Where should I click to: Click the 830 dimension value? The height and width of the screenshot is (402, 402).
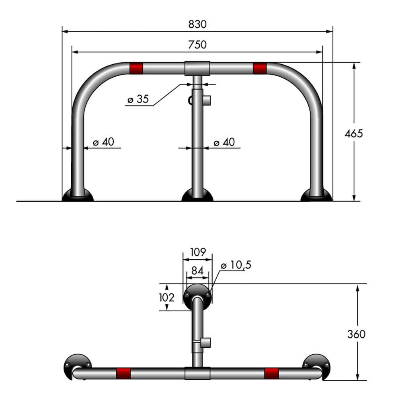(x=197, y=24)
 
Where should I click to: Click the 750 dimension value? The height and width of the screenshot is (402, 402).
(x=197, y=45)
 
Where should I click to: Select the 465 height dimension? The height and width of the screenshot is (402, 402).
(x=353, y=133)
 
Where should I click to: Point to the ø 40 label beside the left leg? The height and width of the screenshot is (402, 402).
(x=103, y=142)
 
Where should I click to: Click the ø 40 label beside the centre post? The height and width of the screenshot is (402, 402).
(x=224, y=142)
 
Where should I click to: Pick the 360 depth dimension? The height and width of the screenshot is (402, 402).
(x=356, y=334)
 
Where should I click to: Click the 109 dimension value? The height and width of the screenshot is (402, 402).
(x=197, y=252)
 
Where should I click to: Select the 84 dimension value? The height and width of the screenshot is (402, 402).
(x=197, y=271)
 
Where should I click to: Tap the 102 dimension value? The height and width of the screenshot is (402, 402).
(x=166, y=298)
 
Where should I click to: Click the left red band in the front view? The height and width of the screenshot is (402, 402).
(x=136, y=68)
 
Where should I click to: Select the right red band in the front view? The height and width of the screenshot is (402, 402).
(x=260, y=68)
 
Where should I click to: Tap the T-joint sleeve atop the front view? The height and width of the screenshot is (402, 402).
(x=197, y=68)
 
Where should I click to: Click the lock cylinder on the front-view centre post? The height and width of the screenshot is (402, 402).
(x=207, y=99)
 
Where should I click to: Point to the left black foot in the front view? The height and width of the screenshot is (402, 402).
(x=78, y=196)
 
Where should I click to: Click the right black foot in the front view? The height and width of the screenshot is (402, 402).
(x=316, y=196)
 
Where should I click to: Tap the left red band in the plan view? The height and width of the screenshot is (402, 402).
(x=123, y=373)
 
